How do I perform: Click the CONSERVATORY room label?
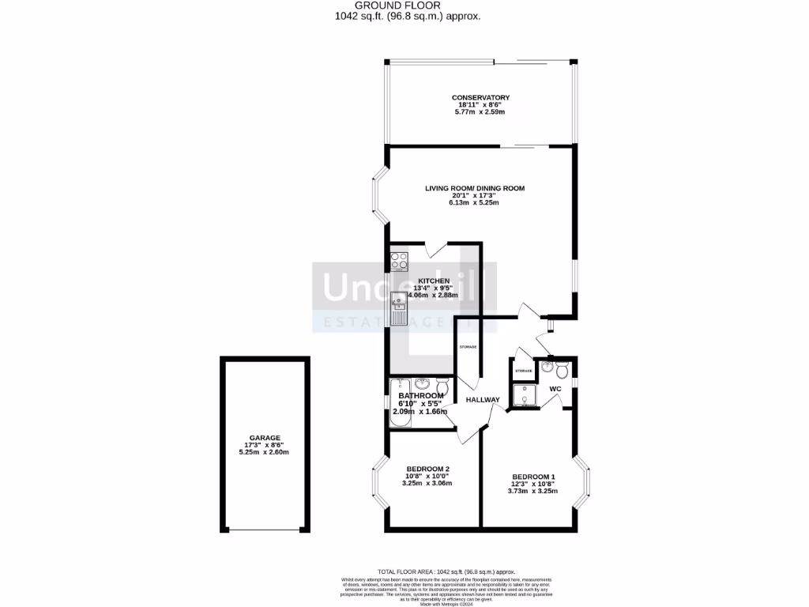(x=480, y=97)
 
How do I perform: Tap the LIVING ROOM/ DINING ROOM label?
(x=475, y=188)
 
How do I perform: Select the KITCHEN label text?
(x=434, y=281)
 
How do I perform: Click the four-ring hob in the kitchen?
(x=398, y=262)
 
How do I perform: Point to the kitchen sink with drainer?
(x=398, y=308)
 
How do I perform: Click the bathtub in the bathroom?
(x=397, y=402)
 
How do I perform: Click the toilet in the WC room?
(x=561, y=371)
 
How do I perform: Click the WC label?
(x=556, y=389)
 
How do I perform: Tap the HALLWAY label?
(x=482, y=400)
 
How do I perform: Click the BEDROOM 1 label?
(x=533, y=476)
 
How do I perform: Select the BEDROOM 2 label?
(x=427, y=468)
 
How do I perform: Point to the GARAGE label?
(x=265, y=438)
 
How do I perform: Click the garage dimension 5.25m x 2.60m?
(x=265, y=452)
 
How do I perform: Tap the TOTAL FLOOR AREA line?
(x=446, y=571)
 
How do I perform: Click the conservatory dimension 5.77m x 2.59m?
(x=480, y=112)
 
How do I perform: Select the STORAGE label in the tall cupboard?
(x=468, y=346)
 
